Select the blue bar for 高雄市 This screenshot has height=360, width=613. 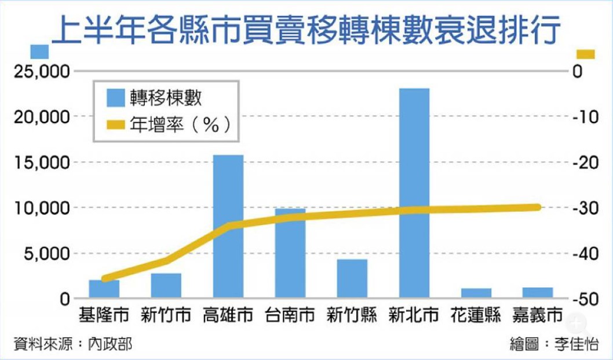228,226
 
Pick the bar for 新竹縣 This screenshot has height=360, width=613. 352,278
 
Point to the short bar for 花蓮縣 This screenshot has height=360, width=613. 476,293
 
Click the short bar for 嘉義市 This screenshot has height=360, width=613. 538,292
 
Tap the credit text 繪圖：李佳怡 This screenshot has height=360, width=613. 554,344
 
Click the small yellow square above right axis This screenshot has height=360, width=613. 586,54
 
